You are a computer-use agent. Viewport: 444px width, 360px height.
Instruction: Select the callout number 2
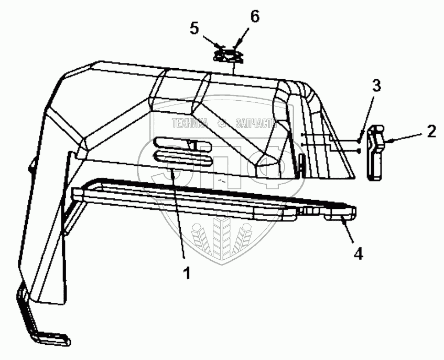pyautogui.click(x=431, y=131)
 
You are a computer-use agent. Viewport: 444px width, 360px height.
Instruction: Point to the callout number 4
pyautogui.click(x=358, y=253)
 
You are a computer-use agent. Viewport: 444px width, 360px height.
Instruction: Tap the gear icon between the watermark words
pyautogui.click(x=222, y=123)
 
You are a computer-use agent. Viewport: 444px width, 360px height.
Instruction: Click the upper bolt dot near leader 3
pyautogui.click(x=358, y=140)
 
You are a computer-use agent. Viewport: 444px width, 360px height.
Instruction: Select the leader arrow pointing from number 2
pyautogui.click(x=404, y=139)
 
